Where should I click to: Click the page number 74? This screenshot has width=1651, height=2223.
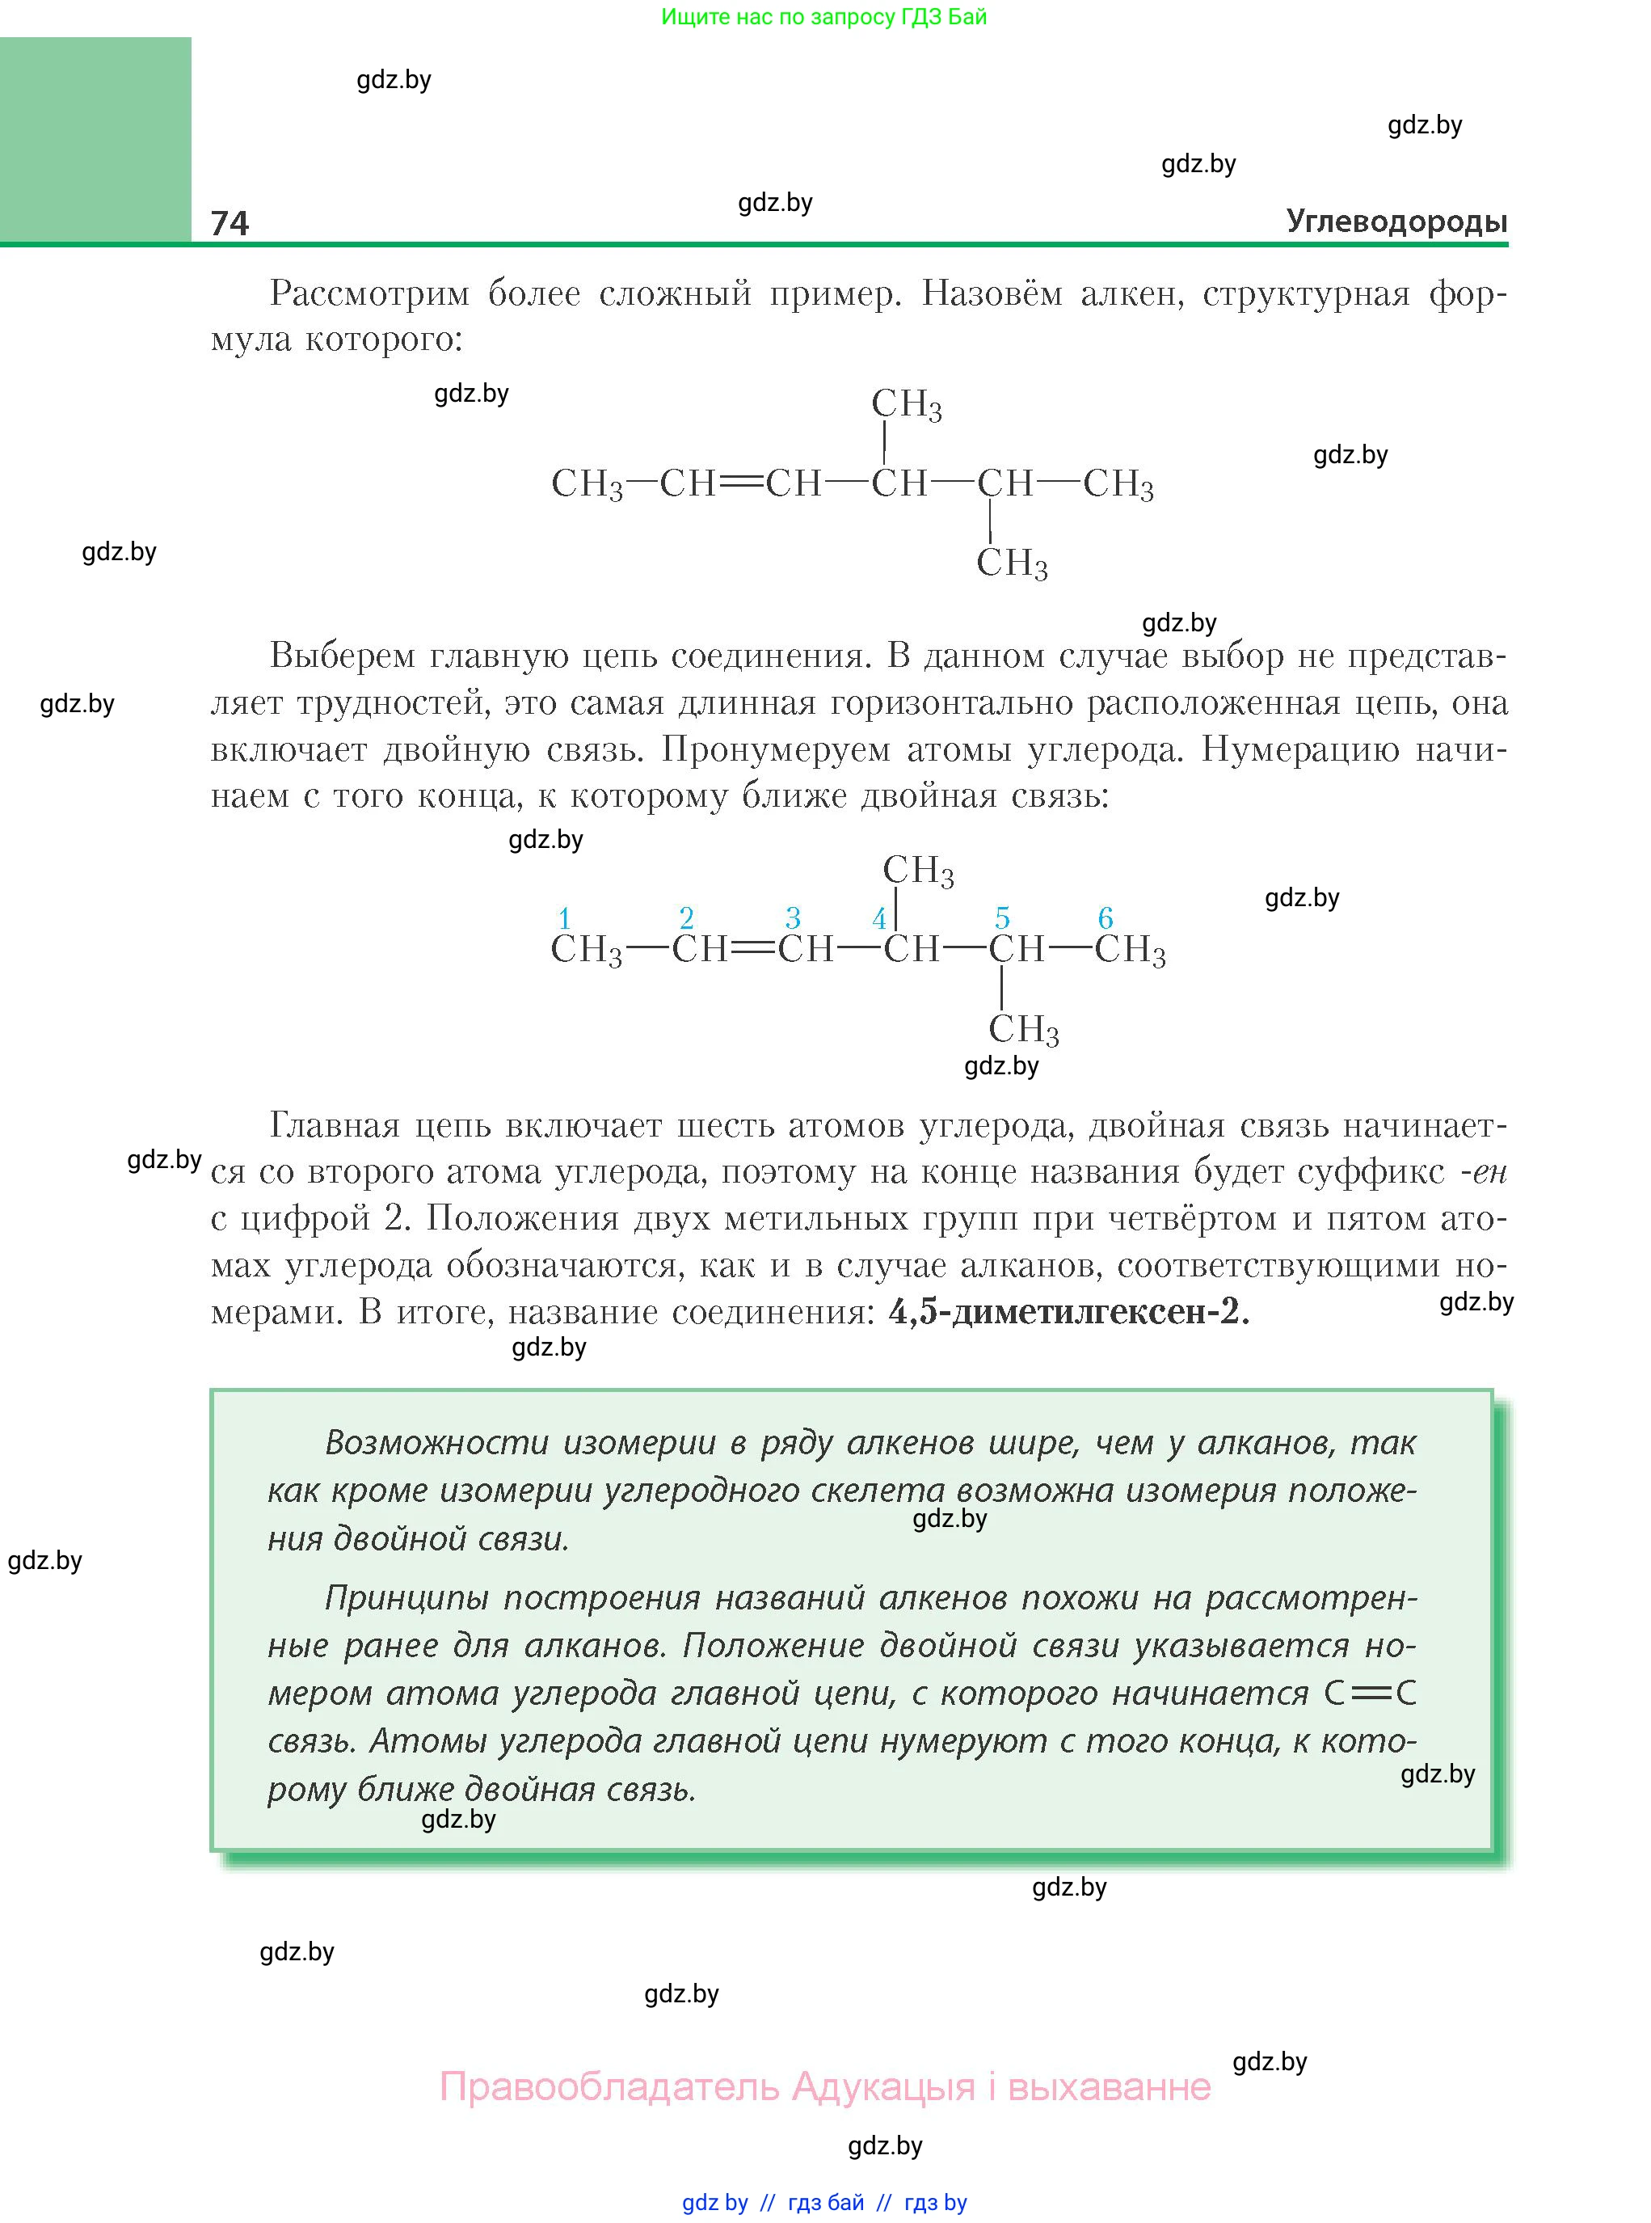click(229, 222)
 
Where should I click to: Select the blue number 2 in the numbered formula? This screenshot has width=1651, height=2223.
click(685, 917)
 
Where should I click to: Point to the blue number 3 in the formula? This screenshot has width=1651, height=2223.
click(793, 917)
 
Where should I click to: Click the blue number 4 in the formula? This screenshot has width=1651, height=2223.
click(878, 918)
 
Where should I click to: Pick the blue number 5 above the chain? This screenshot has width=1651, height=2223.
click(1002, 917)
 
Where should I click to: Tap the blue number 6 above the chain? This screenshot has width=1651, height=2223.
click(1106, 917)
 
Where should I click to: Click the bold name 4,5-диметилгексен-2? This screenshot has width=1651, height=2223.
click(1068, 1311)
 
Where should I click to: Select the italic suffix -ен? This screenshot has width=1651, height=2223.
click(1483, 1171)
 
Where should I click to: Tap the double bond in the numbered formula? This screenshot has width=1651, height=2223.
click(753, 948)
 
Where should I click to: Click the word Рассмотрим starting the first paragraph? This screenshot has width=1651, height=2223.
click(370, 294)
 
